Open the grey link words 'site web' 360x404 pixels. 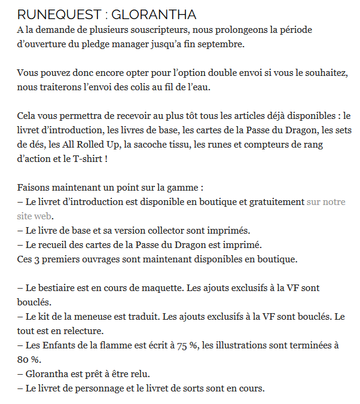tap(35, 216)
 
